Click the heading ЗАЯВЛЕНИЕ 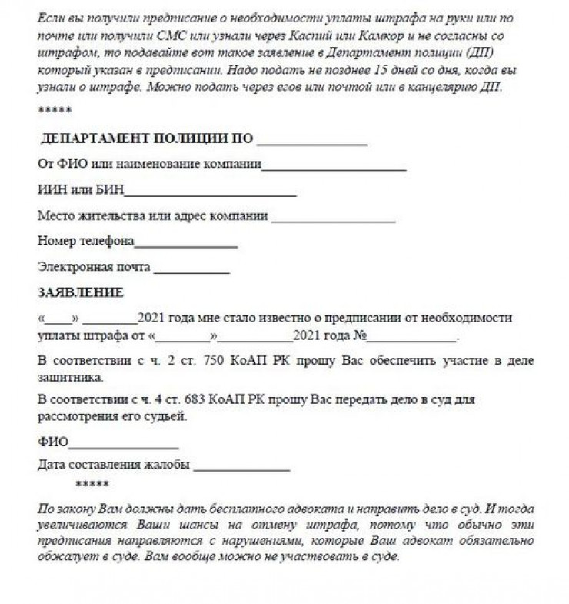point(80,292)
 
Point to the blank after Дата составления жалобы point(241,467)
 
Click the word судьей point(167,417)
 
